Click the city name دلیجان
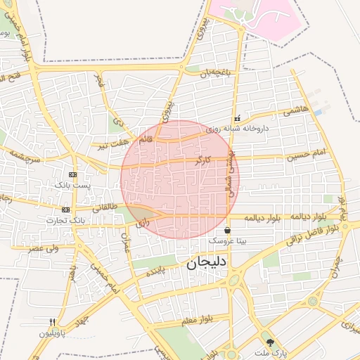coord(206,266)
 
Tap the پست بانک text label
coord(73,184)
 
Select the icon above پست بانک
coord(72,174)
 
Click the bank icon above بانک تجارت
coord(66,210)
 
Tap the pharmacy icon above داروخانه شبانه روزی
coord(238,118)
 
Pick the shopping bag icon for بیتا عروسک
coord(227,231)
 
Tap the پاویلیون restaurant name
coord(53,331)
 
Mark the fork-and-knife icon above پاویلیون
coord(52,321)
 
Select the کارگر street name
coord(201,161)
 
